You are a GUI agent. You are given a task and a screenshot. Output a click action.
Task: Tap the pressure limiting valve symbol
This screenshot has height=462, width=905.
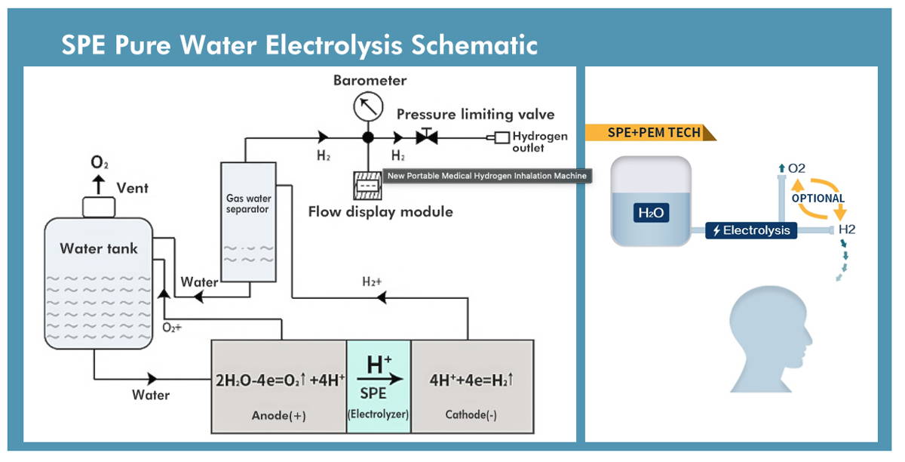(428, 138)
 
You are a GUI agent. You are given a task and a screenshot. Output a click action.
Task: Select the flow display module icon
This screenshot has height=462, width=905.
(369, 186)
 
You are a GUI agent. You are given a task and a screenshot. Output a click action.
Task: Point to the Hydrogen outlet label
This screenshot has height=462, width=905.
(539, 142)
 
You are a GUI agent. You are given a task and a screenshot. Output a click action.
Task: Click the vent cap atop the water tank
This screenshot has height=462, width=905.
(98, 205)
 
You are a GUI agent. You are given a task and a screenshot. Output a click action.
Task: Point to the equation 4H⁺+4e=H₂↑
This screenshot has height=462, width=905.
(471, 380)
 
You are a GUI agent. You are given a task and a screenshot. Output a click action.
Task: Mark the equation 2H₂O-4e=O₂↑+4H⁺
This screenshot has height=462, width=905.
(280, 380)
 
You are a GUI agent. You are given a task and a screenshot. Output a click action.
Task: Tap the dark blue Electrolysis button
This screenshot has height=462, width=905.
(751, 230)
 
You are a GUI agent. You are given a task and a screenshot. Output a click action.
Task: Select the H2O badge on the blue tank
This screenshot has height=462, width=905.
(651, 214)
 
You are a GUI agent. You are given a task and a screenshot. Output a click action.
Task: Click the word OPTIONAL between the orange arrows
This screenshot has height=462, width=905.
(818, 199)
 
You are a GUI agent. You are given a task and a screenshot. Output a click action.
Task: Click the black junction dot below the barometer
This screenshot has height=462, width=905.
(368, 138)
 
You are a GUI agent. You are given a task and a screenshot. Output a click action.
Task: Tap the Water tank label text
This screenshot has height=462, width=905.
(99, 248)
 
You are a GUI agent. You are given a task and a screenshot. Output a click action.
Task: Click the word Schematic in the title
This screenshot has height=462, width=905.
(474, 45)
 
